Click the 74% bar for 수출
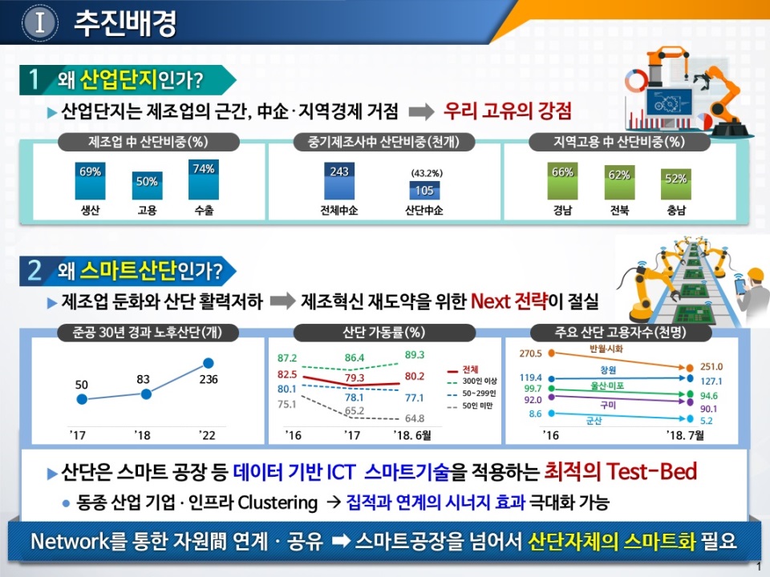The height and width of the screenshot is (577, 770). (204, 180)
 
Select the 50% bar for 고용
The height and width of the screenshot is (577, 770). (147, 185)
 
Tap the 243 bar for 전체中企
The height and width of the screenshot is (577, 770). (338, 181)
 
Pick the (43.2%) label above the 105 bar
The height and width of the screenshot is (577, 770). (427, 173)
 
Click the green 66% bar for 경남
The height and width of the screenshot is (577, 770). (562, 181)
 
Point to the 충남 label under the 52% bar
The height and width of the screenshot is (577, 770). (676, 211)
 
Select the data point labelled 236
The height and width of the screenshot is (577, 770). (209, 363)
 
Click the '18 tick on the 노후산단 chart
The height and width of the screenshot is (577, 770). (143, 435)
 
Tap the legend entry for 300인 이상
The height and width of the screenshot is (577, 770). (472, 381)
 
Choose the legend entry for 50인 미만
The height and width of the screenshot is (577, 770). (471, 406)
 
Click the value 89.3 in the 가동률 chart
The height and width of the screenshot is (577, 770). (415, 355)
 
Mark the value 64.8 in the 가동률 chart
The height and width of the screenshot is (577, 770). (415, 418)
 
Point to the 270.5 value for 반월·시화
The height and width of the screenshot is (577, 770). (530, 353)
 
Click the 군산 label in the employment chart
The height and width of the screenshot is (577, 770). (594, 421)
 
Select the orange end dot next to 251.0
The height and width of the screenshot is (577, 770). (690, 368)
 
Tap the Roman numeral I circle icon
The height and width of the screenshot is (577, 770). (40, 22)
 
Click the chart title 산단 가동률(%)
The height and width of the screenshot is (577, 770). (384, 333)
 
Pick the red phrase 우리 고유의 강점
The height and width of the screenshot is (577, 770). (507, 111)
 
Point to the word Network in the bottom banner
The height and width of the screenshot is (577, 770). (71, 541)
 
